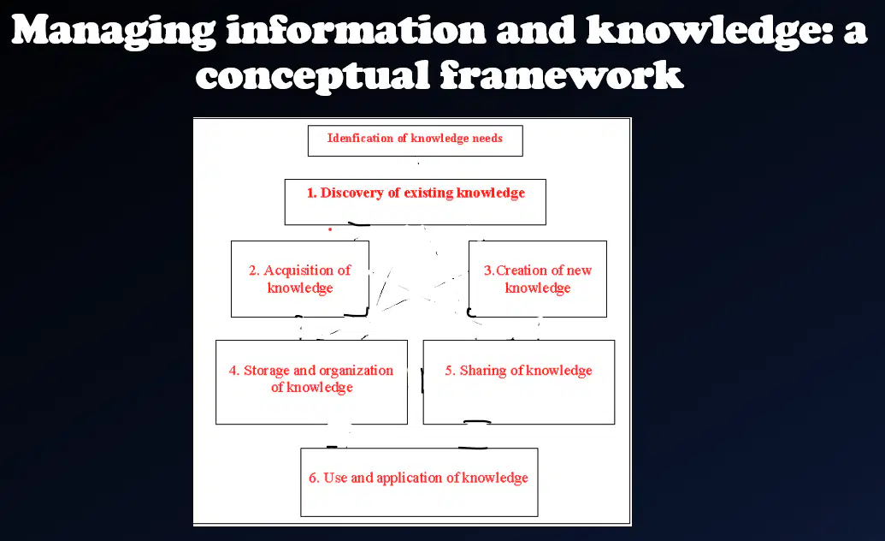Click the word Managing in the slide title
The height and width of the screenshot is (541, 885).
tap(113, 32)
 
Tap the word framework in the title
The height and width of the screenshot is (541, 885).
tap(561, 75)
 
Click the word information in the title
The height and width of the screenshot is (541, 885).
tap(356, 30)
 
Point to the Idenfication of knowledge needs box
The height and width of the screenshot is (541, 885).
tap(416, 140)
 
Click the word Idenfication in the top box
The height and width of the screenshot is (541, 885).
tap(360, 138)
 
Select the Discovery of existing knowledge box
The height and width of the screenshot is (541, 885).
tap(416, 202)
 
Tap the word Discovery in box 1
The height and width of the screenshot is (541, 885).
tap(351, 193)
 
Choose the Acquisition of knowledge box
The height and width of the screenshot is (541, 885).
tap(300, 279)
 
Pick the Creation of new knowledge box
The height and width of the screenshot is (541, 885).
tap(538, 279)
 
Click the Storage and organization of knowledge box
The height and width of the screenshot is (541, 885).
tap(311, 382)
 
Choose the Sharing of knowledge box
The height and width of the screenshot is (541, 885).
tap(519, 382)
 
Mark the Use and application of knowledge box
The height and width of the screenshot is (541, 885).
tap(419, 482)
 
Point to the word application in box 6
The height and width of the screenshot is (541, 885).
tap(410, 479)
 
